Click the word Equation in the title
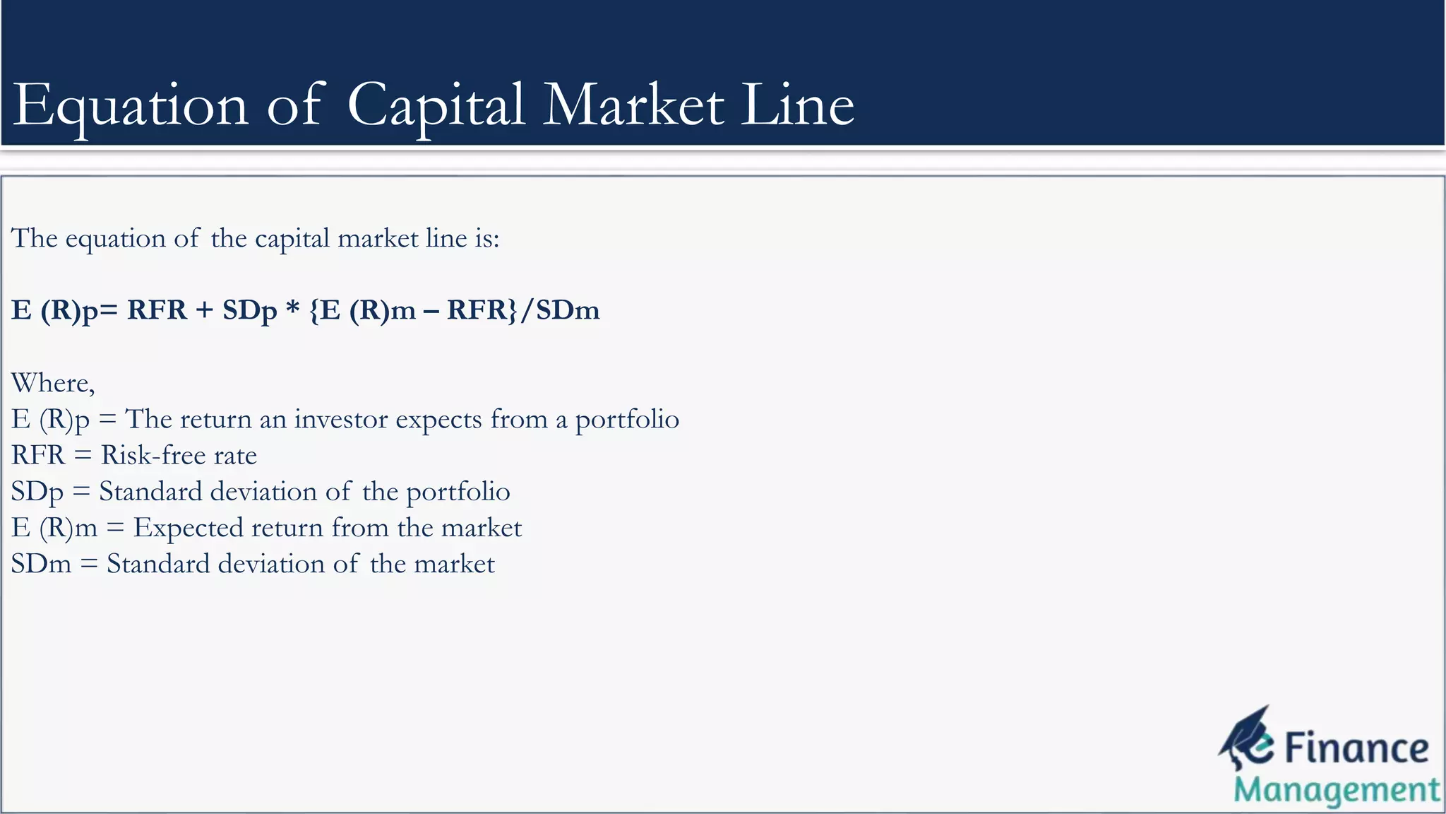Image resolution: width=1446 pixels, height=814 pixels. coord(131,106)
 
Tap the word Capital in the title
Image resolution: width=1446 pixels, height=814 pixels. coord(436,106)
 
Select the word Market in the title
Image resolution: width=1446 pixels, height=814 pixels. coord(633,106)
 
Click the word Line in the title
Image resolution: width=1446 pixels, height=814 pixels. coord(797,106)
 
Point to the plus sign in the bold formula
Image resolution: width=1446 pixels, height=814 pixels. coord(205,310)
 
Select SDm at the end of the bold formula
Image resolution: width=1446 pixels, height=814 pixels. coord(568,310)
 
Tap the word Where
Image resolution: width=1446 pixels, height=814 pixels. coord(52,383)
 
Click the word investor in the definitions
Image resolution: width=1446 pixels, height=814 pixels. coord(340,419)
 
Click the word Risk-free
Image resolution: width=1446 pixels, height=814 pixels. coord(153,455)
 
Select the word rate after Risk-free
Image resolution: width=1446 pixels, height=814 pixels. coord(235,456)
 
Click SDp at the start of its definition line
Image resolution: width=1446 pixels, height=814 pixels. coord(37,492)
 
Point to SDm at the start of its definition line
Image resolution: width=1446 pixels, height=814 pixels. coord(41,564)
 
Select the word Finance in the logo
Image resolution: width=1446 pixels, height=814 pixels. coord(1356,748)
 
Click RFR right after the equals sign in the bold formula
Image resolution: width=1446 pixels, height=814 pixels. coord(157,310)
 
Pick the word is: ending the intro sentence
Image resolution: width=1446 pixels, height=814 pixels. coord(486,238)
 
